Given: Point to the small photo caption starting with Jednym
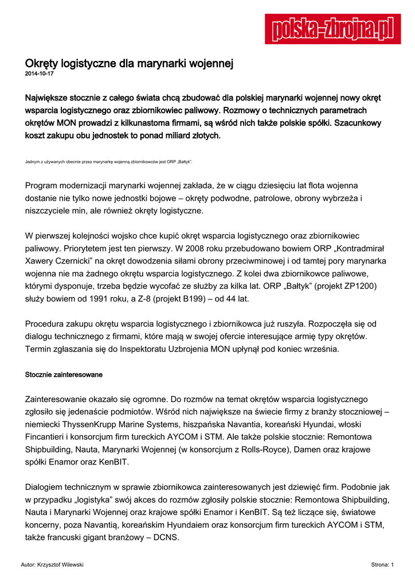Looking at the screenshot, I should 109,162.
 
